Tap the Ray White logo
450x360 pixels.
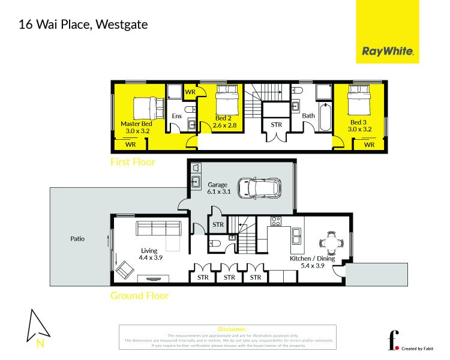388,52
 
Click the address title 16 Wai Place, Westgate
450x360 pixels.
83,25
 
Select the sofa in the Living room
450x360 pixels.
159,229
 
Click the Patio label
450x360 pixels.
77,238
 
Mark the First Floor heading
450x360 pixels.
133,162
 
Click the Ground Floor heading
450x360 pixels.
139,295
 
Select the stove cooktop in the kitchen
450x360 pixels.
276,221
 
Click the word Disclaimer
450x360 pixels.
228,329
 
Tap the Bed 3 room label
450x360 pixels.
361,126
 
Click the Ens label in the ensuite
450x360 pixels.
177,116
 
